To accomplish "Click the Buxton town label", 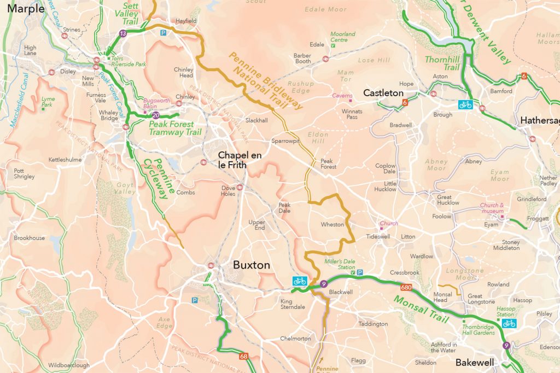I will (252, 265).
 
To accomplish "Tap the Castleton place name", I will (383, 94).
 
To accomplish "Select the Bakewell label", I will (475, 363).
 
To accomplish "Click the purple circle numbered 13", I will (123, 34).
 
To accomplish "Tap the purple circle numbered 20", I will (156, 115).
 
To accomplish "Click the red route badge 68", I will (244, 357).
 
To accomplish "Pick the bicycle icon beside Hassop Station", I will (509, 324).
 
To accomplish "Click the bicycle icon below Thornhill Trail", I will (465, 104).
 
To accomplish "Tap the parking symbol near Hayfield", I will (163, 33).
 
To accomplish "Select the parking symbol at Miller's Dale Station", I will (360, 272).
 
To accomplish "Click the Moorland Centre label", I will (342, 37).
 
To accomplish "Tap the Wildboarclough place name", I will (68, 365).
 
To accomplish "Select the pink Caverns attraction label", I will (342, 96).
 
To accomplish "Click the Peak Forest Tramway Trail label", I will (175, 129).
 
